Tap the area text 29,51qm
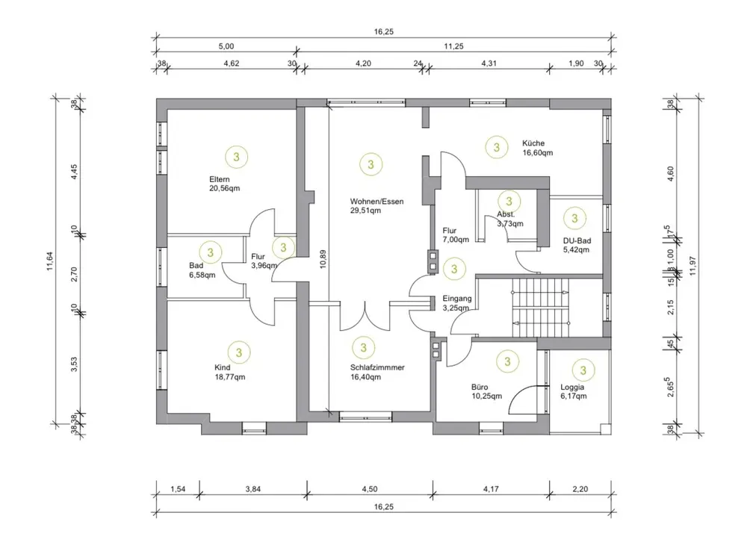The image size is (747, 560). (x=366, y=211)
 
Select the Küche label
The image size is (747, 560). (x=533, y=143)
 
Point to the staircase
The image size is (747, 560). (x=540, y=305)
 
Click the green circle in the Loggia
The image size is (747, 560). (x=584, y=370)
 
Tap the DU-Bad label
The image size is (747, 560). (x=577, y=240)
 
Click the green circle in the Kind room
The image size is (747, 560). (x=238, y=352)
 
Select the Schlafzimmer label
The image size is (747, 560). (x=377, y=367)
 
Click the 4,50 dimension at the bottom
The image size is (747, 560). (x=369, y=489)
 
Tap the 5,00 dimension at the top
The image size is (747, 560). (x=226, y=46)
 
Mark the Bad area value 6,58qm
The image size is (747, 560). (x=202, y=275)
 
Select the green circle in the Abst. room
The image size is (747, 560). (x=508, y=200)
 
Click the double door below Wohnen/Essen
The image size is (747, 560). (x=366, y=317)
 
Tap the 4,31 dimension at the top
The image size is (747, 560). (x=486, y=63)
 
